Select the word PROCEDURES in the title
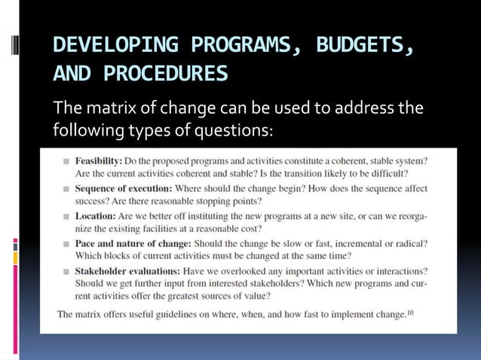point(165,74)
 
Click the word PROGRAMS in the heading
point(238,46)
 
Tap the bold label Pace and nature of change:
point(133,244)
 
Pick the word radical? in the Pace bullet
point(407,244)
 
